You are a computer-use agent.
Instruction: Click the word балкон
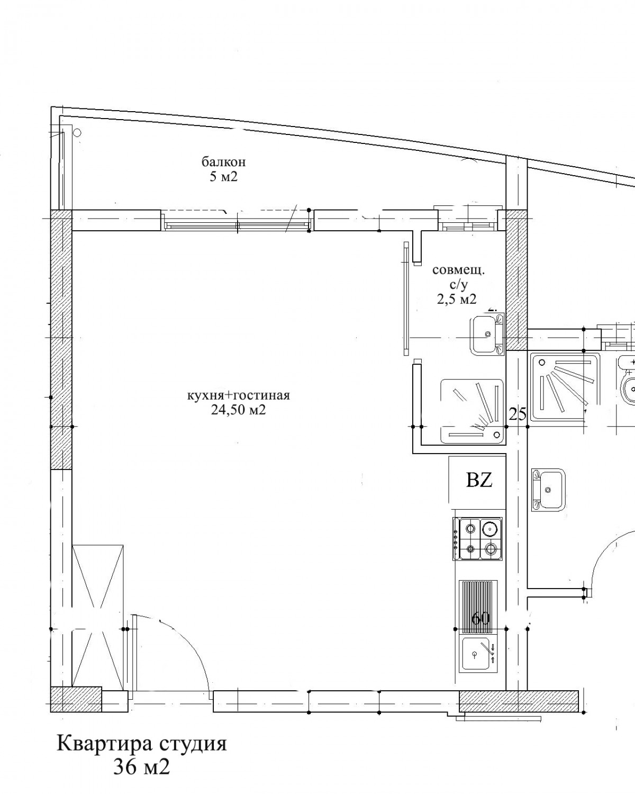pyautogui.click(x=224, y=162)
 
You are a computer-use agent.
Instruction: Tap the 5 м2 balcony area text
pyautogui.click(x=224, y=177)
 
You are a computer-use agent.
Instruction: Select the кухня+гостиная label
pyautogui.click(x=238, y=395)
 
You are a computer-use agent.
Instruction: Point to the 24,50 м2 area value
pyautogui.click(x=238, y=410)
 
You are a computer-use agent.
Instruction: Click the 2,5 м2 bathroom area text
pyautogui.click(x=457, y=299)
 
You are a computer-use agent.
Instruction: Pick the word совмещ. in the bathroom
pyautogui.click(x=458, y=270)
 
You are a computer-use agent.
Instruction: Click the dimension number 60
pyautogui.click(x=480, y=618)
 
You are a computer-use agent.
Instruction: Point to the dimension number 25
pyautogui.click(x=518, y=414)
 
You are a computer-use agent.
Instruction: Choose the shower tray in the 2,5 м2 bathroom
pyautogui.click(x=473, y=411)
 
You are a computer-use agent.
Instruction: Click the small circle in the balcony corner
pyautogui.click(x=77, y=132)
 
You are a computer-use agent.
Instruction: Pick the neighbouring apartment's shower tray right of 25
pyautogui.click(x=565, y=386)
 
